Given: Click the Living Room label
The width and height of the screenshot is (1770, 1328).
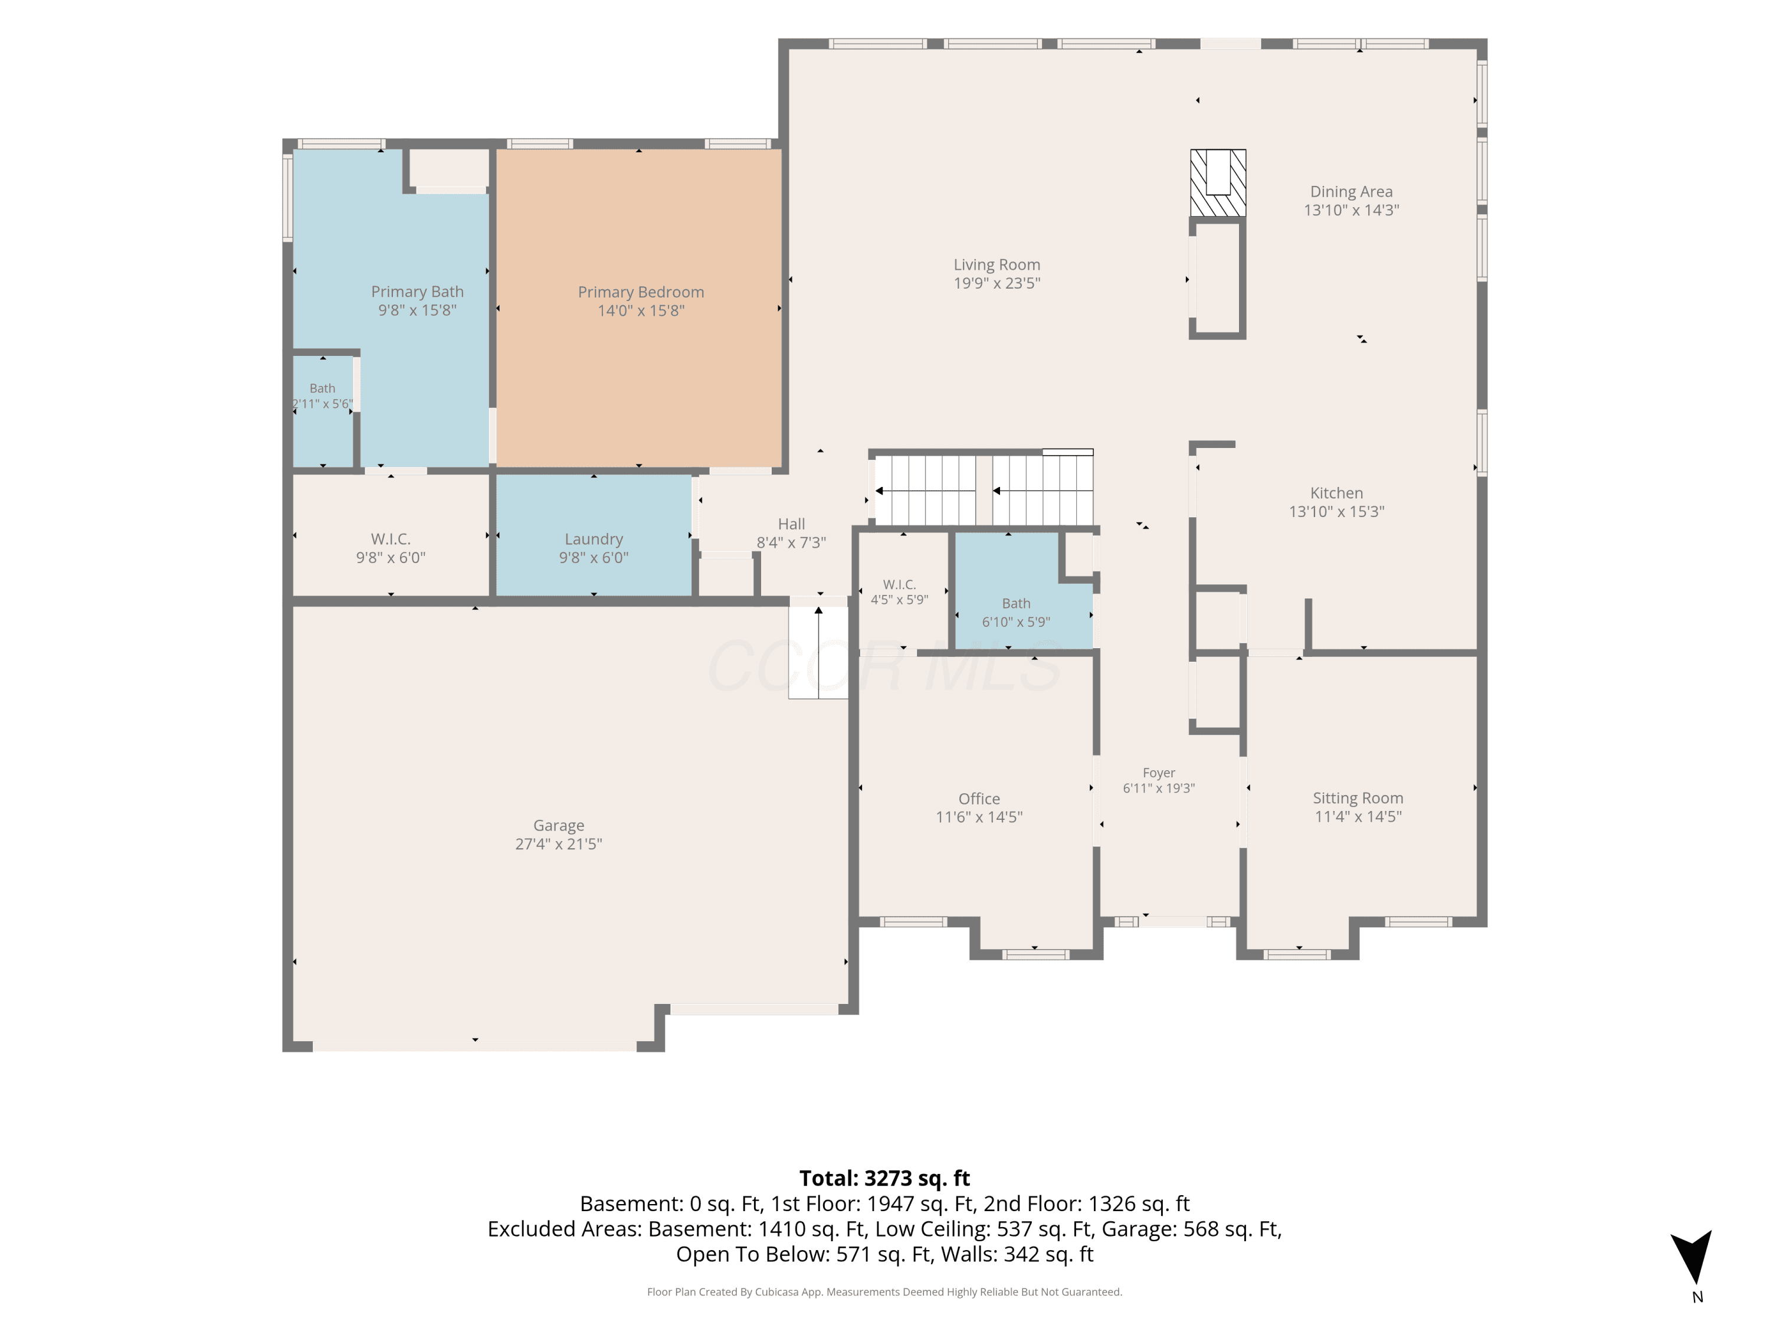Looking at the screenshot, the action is tap(997, 265).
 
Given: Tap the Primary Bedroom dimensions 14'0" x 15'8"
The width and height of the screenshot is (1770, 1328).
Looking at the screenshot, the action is tap(641, 310).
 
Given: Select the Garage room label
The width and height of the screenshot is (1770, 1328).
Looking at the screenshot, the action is tap(559, 825).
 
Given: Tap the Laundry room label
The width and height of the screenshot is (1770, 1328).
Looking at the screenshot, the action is tap(594, 539).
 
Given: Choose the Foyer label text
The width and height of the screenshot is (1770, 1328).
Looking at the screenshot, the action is tap(1159, 773).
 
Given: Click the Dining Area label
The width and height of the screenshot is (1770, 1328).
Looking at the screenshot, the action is tap(1352, 192).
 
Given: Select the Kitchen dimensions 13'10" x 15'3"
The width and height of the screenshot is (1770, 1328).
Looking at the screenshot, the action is tap(1336, 512).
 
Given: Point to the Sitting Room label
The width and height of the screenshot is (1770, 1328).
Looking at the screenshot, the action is tap(1358, 798).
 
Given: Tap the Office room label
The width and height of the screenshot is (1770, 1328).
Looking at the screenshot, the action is tap(979, 799).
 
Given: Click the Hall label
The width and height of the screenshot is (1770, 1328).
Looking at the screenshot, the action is tap(791, 524).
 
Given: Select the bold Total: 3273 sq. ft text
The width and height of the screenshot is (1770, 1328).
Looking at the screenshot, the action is tap(884, 1178).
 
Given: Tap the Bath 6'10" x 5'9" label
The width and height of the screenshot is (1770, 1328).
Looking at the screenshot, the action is tap(1016, 613).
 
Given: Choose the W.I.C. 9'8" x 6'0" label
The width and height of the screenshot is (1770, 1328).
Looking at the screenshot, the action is tap(391, 548).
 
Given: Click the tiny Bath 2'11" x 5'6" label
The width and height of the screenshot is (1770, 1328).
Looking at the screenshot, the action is tap(323, 396).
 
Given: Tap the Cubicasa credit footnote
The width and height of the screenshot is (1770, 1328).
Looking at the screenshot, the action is tap(884, 1291).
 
